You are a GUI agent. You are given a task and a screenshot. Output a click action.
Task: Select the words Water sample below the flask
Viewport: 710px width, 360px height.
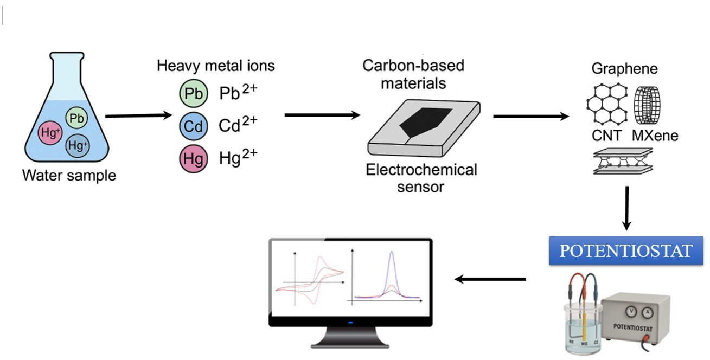pos(69,176)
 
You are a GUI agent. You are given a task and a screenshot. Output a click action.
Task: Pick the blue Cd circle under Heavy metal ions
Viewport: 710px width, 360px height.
pos(193,127)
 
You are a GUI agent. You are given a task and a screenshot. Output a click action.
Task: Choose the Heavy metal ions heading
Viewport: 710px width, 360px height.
pos(216,66)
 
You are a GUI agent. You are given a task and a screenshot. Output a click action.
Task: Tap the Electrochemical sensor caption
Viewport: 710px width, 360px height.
pos(421,178)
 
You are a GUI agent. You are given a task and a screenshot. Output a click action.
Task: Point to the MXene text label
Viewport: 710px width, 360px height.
pos(655,135)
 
